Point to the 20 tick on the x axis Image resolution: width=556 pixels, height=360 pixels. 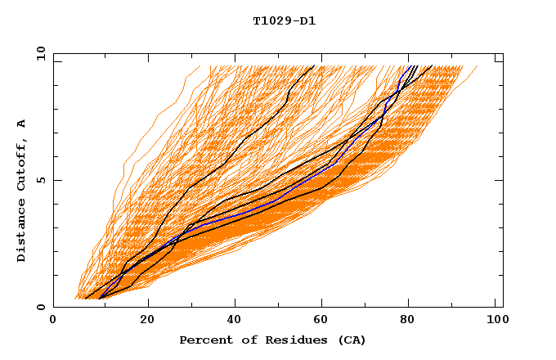147,320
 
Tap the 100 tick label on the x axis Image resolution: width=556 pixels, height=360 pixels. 495,320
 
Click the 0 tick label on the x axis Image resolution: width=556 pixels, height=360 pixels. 53,320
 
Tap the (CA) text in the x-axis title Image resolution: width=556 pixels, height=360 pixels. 351,340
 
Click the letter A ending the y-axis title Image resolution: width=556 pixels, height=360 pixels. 22,124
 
